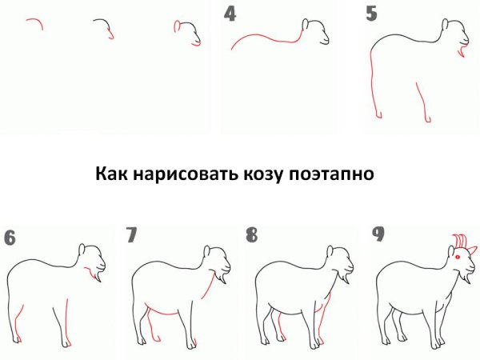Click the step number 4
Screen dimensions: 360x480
230,14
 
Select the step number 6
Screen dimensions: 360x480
10,237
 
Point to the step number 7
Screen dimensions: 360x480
132,235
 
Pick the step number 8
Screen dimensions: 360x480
252,235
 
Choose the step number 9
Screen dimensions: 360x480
378,234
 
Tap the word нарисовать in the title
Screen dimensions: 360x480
182,174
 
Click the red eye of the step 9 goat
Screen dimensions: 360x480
457,258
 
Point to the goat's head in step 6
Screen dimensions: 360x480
94,259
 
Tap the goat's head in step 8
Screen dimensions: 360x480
342,259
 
